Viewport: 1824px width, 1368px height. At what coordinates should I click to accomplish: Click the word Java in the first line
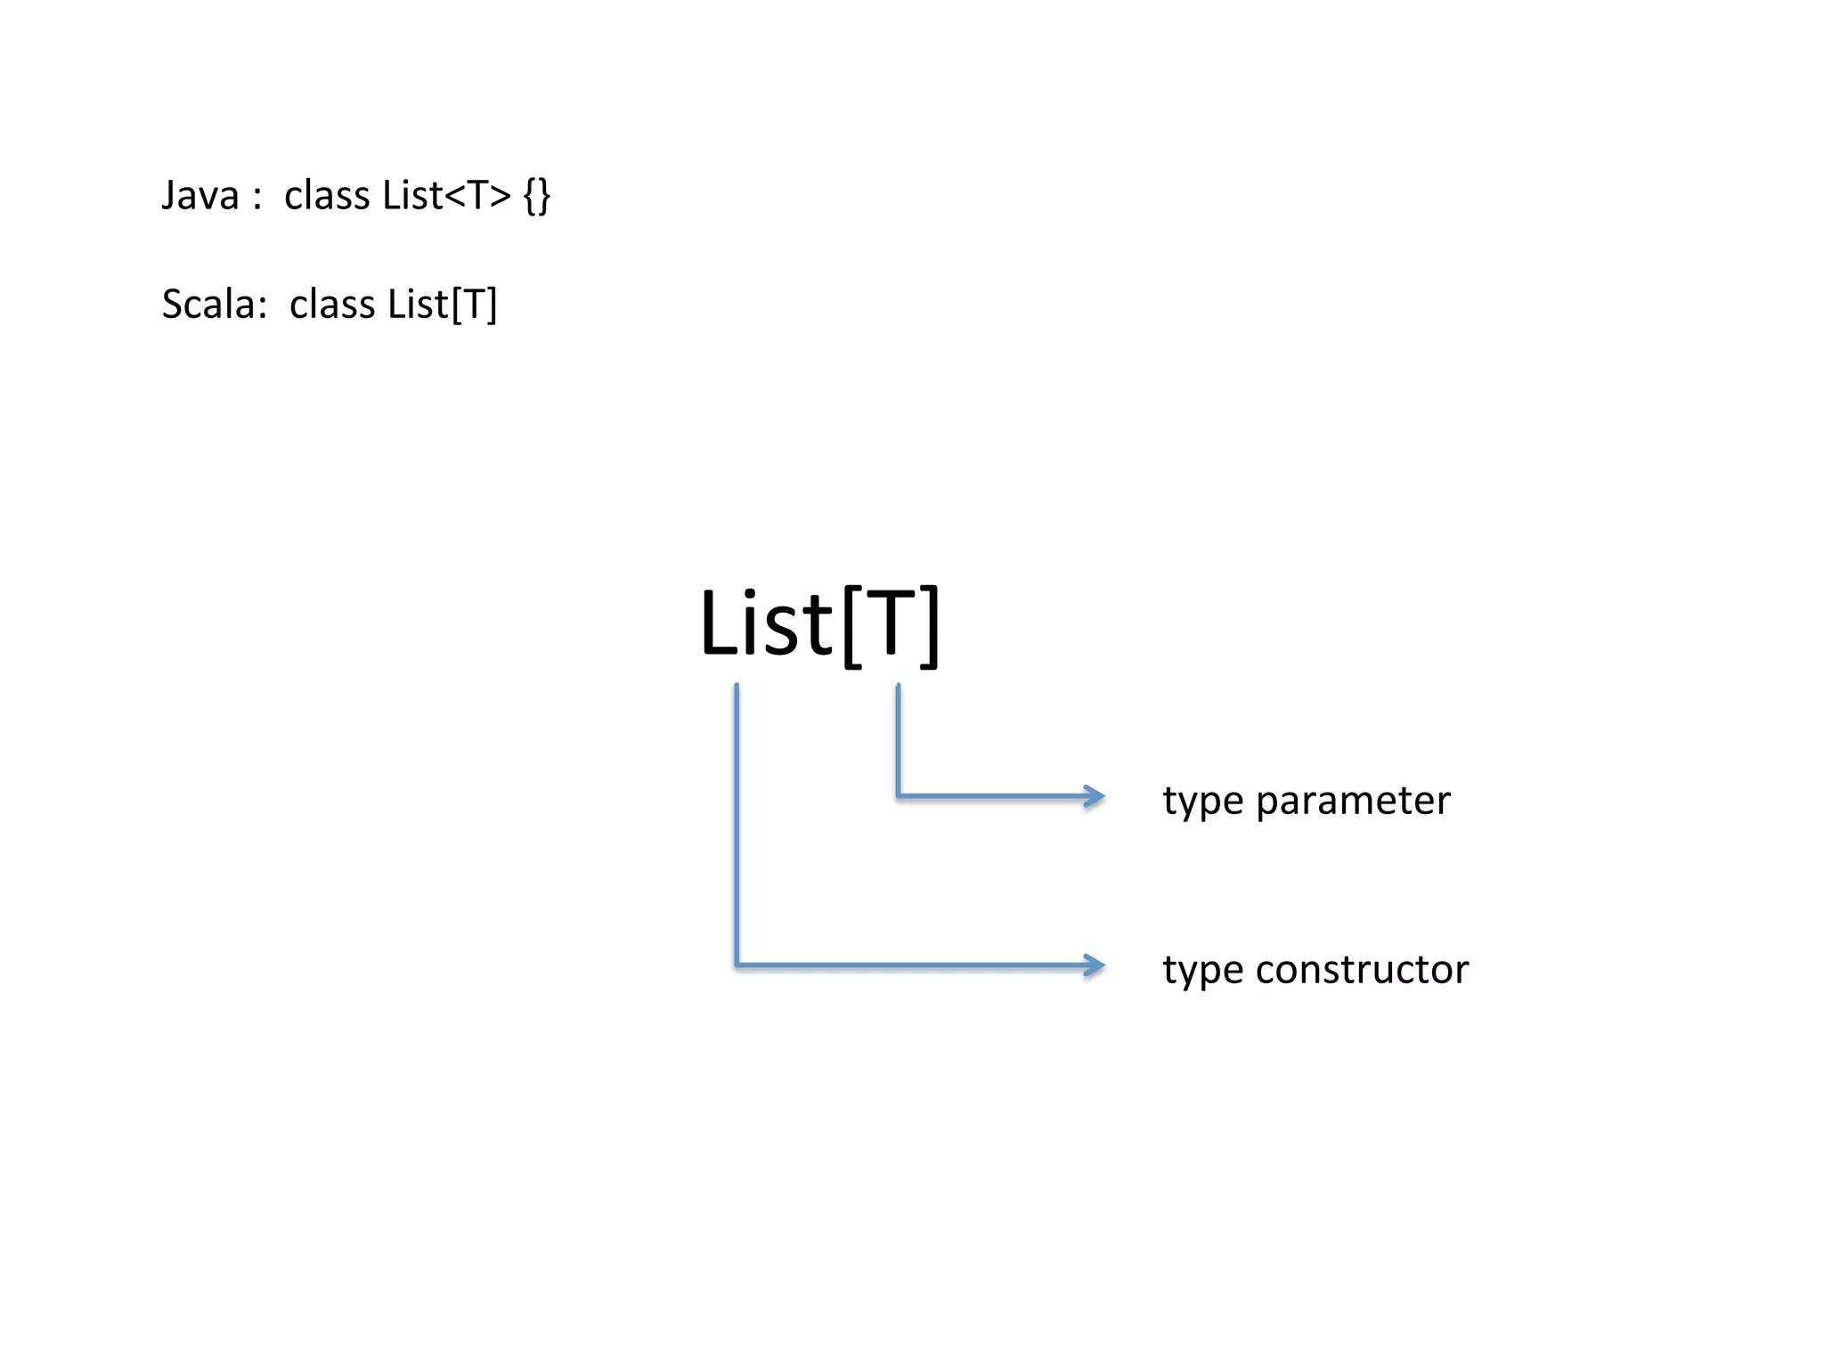point(200,196)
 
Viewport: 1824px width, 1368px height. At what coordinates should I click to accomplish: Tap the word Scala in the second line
point(209,305)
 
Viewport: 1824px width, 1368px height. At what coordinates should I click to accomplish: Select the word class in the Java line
point(327,196)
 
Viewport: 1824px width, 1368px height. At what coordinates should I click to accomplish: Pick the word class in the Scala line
point(332,305)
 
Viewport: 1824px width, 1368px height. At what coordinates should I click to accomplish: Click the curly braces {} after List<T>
point(537,196)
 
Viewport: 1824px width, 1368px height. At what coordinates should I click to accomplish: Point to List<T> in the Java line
point(447,196)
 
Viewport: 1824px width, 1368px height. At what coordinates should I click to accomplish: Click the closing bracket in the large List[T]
point(929,625)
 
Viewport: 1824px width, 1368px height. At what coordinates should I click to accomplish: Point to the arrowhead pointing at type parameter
point(1095,795)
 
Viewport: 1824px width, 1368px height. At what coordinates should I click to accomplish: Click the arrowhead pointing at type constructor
point(1095,965)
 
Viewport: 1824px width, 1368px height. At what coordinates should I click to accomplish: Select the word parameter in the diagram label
point(1353,801)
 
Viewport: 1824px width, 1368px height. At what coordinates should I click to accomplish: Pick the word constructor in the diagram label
point(1362,970)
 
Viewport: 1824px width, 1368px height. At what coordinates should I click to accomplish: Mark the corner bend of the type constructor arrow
point(737,965)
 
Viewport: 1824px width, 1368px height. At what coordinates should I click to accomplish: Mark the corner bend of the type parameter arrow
point(898,795)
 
